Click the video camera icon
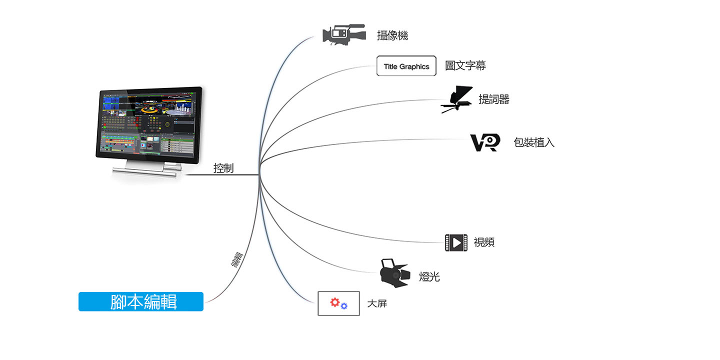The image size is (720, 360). coord(344,34)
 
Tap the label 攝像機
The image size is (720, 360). coord(392,35)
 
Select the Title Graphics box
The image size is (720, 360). coord(406,66)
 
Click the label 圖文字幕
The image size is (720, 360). coord(465,65)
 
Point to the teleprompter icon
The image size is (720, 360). coord(457,99)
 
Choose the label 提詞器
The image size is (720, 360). coord(494,99)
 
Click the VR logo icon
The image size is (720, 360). coord(485,142)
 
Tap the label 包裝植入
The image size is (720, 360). coord(534,142)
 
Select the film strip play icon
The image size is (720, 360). coord(456,242)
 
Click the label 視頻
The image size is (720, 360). coord(484,242)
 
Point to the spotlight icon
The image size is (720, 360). coord(395,273)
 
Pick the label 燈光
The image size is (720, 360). coord(429,277)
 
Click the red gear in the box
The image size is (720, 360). coord(335,302)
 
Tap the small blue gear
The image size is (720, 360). coord(344,306)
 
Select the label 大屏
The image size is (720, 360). coord(377,303)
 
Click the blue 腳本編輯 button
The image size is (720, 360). coord(141,301)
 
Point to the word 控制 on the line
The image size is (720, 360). coord(223,168)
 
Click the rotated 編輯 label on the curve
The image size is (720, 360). coord(237,259)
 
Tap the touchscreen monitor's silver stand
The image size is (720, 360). coord(148,169)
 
